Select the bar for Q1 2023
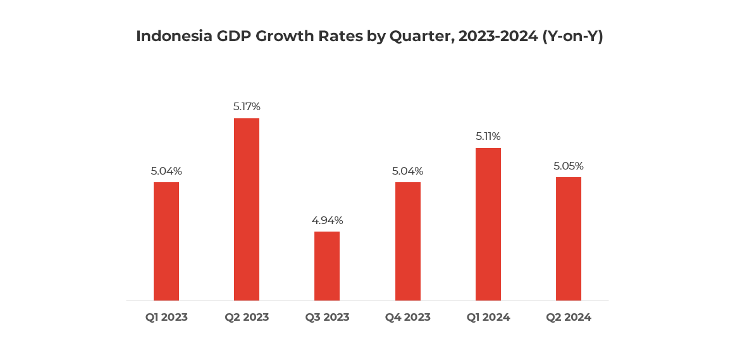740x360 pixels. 166,241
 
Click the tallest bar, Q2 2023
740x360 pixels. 247,209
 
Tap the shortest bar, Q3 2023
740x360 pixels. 327,266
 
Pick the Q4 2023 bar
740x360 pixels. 408,241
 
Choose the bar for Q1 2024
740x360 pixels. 488,224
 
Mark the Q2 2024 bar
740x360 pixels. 569,239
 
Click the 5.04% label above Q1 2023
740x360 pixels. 166,171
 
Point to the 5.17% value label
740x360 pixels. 247,106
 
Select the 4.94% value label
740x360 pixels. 327,220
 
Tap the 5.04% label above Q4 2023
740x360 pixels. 408,171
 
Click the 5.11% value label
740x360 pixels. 488,136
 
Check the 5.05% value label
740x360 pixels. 569,166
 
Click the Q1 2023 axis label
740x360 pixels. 166,317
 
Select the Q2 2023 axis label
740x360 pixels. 247,317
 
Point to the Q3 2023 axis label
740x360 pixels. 327,317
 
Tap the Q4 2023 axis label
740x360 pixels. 408,317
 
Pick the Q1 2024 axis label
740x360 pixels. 488,317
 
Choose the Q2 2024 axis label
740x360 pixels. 569,317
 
